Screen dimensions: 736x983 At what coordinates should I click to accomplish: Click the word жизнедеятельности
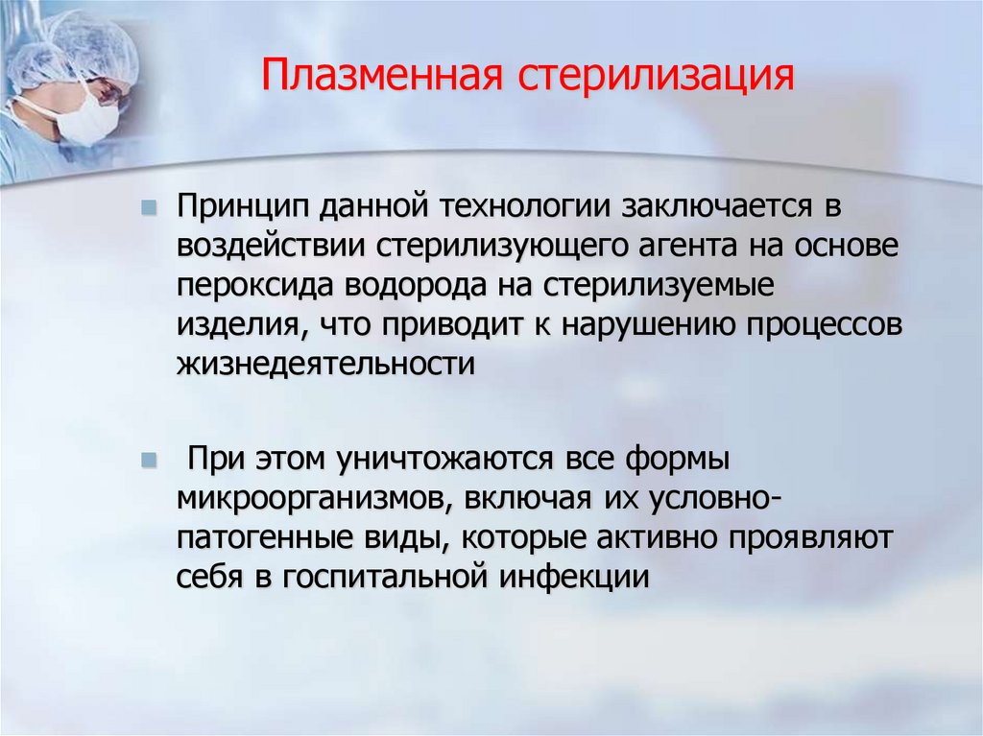click(326, 364)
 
